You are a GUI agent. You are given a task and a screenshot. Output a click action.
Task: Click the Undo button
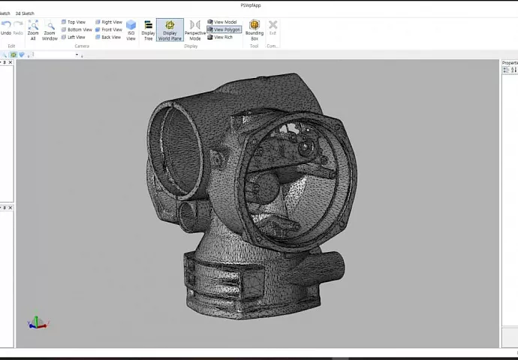tap(6, 28)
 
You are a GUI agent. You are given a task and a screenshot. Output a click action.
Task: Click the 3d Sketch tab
tap(25, 13)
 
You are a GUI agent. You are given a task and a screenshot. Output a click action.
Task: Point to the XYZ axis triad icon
tap(37, 322)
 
